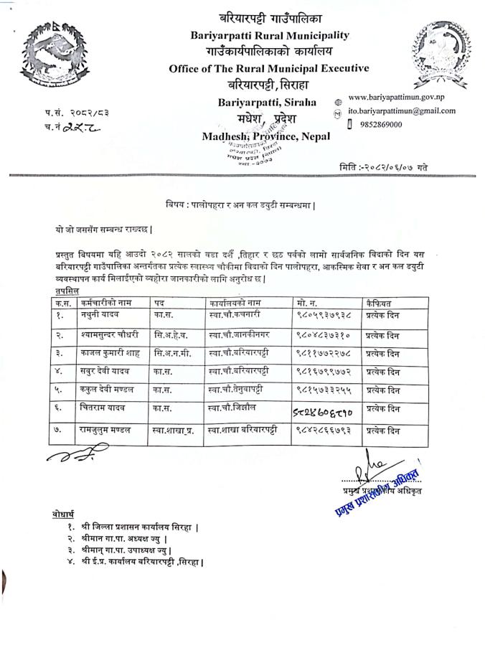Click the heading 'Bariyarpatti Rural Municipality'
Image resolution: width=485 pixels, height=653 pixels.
(x=270, y=34)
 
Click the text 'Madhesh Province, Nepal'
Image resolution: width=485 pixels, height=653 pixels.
(x=266, y=136)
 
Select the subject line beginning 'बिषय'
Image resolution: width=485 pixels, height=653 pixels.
(x=242, y=205)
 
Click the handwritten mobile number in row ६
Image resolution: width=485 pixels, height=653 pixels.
(x=323, y=410)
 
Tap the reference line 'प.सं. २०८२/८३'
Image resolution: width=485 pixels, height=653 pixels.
(x=69, y=113)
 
